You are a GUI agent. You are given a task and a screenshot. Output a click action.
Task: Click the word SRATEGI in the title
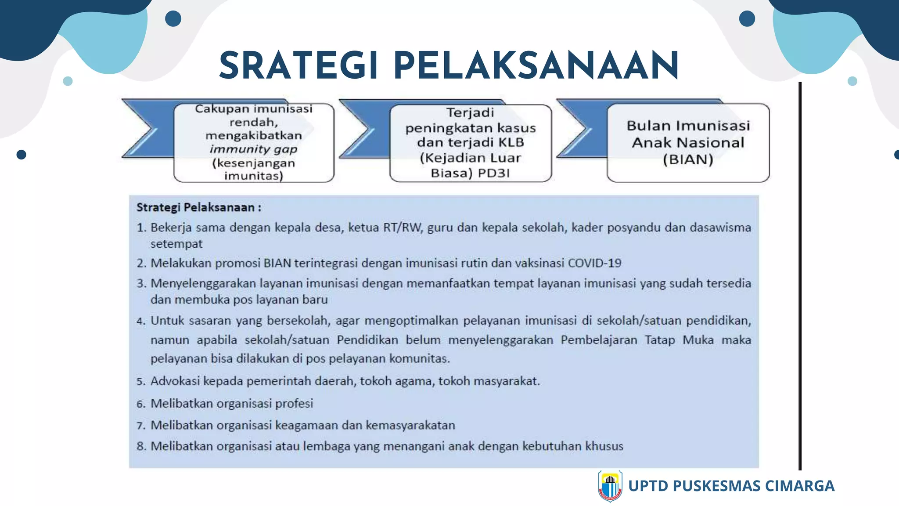point(298,66)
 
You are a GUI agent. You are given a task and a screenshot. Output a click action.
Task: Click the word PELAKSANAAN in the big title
point(536,66)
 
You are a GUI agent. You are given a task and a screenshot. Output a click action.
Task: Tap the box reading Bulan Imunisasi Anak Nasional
point(688,143)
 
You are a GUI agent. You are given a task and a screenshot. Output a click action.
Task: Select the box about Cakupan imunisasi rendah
point(254,143)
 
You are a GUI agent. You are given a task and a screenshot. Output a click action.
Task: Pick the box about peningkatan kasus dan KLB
point(470,143)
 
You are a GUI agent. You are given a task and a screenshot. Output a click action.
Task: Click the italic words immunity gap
point(254,149)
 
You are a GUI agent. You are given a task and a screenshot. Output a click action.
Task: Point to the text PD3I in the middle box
point(494,173)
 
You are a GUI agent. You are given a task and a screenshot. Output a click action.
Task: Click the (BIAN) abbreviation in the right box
point(688,159)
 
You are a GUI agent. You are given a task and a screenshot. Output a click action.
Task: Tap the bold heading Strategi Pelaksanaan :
point(198,207)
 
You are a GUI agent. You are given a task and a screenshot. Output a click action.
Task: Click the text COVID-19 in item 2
point(594,263)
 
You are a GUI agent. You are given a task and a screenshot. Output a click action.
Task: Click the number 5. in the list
point(141,381)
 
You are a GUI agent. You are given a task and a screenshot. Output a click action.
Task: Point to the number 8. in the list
point(141,447)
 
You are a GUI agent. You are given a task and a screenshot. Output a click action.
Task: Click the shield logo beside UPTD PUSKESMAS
point(610,486)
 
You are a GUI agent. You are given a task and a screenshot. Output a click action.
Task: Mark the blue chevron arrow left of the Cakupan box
point(145,128)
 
